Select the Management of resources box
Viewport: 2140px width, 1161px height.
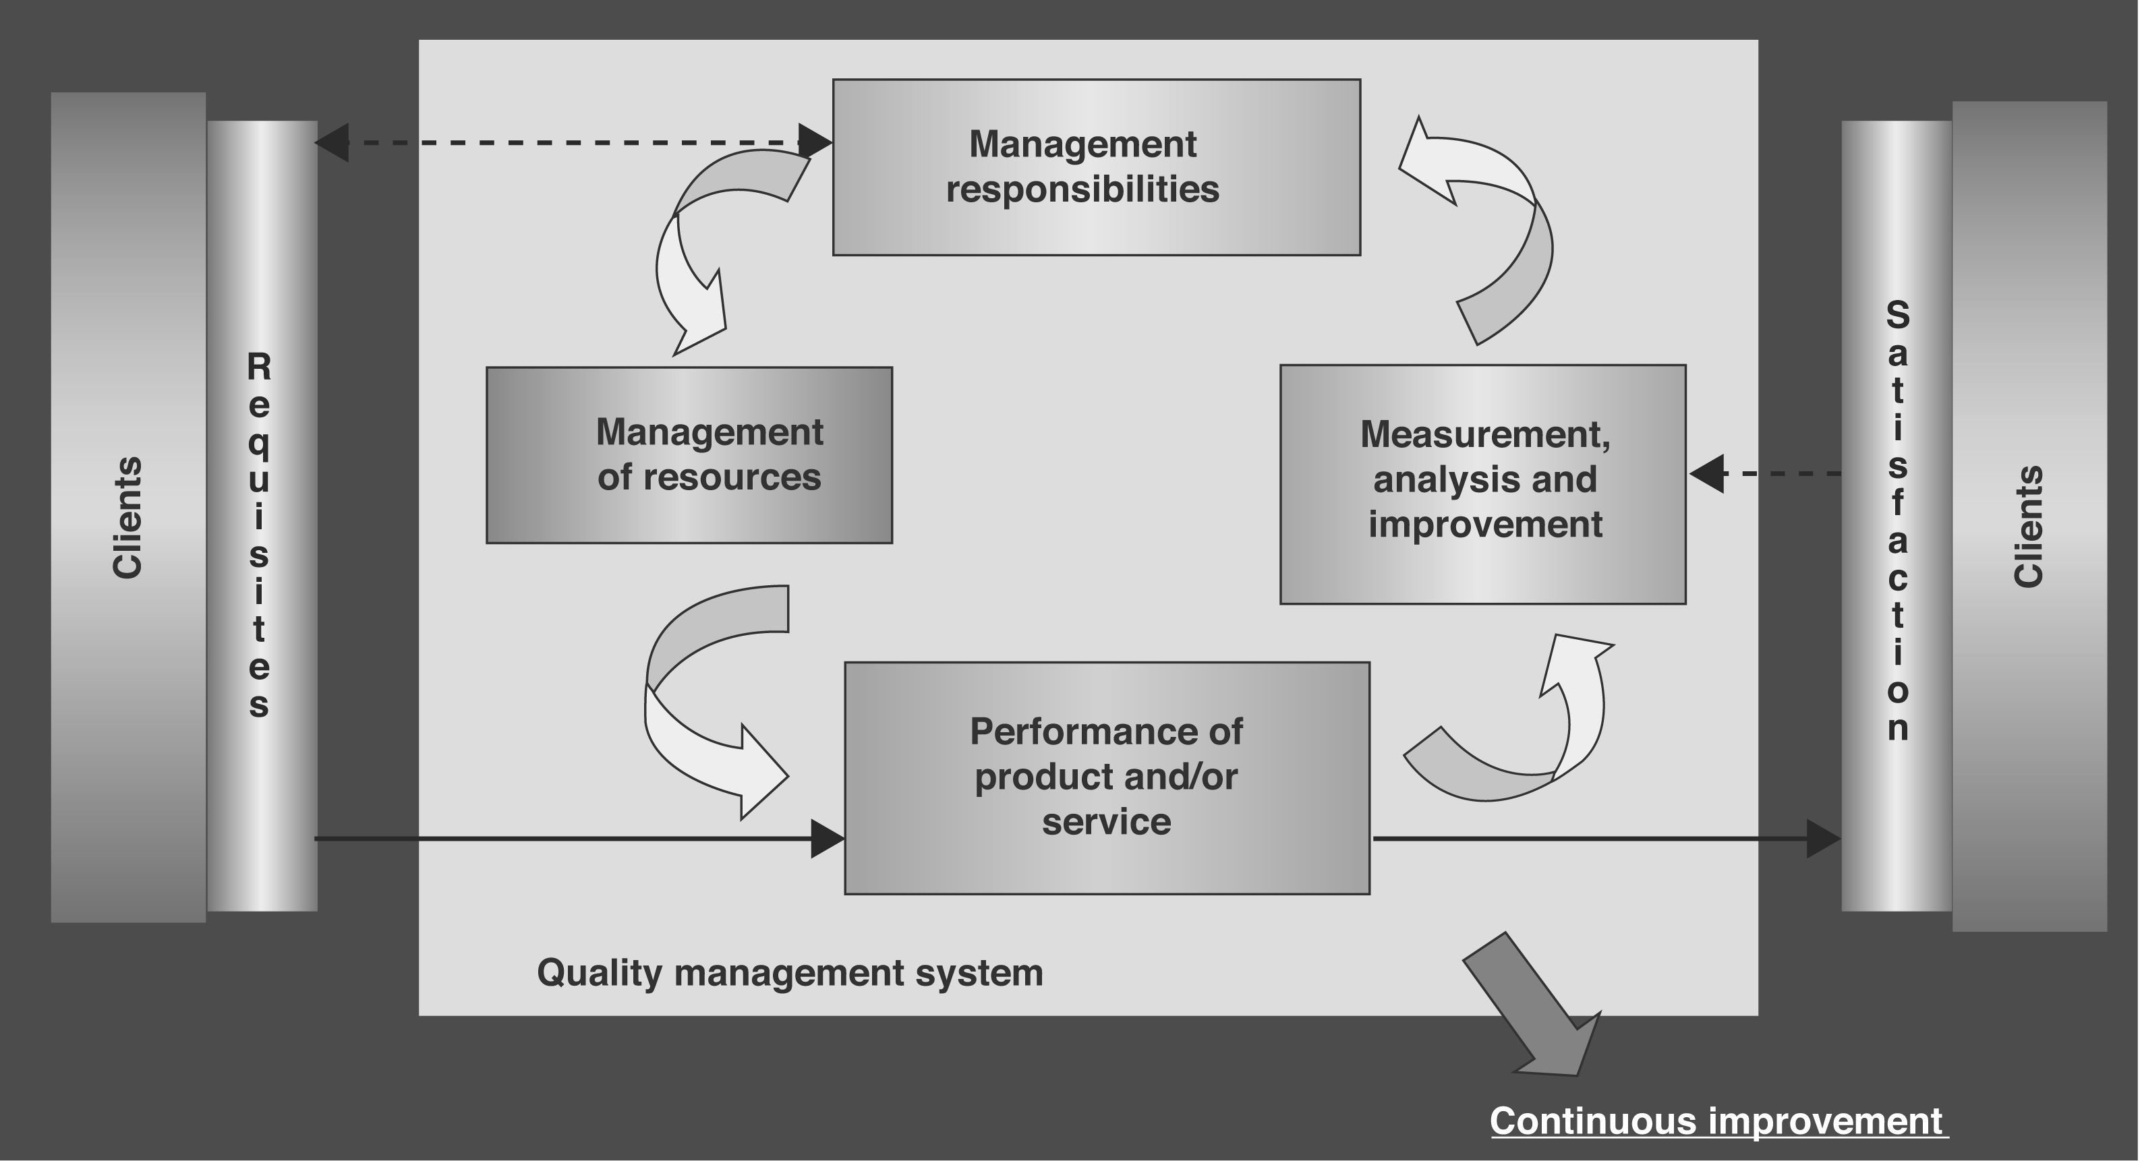point(689,455)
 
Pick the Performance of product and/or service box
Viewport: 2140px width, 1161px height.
point(1107,777)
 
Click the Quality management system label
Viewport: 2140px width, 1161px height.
point(789,972)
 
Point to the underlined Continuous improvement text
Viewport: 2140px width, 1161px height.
point(1716,1121)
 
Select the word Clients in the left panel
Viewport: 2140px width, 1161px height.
point(127,517)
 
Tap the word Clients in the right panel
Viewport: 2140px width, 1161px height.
point(2028,527)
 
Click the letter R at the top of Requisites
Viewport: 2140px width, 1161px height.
point(259,366)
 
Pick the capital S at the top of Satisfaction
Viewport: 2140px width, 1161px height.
point(1897,315)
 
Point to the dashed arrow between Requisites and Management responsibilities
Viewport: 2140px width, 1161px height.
point(573,143)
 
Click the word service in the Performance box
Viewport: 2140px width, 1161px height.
point(1107,822)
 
